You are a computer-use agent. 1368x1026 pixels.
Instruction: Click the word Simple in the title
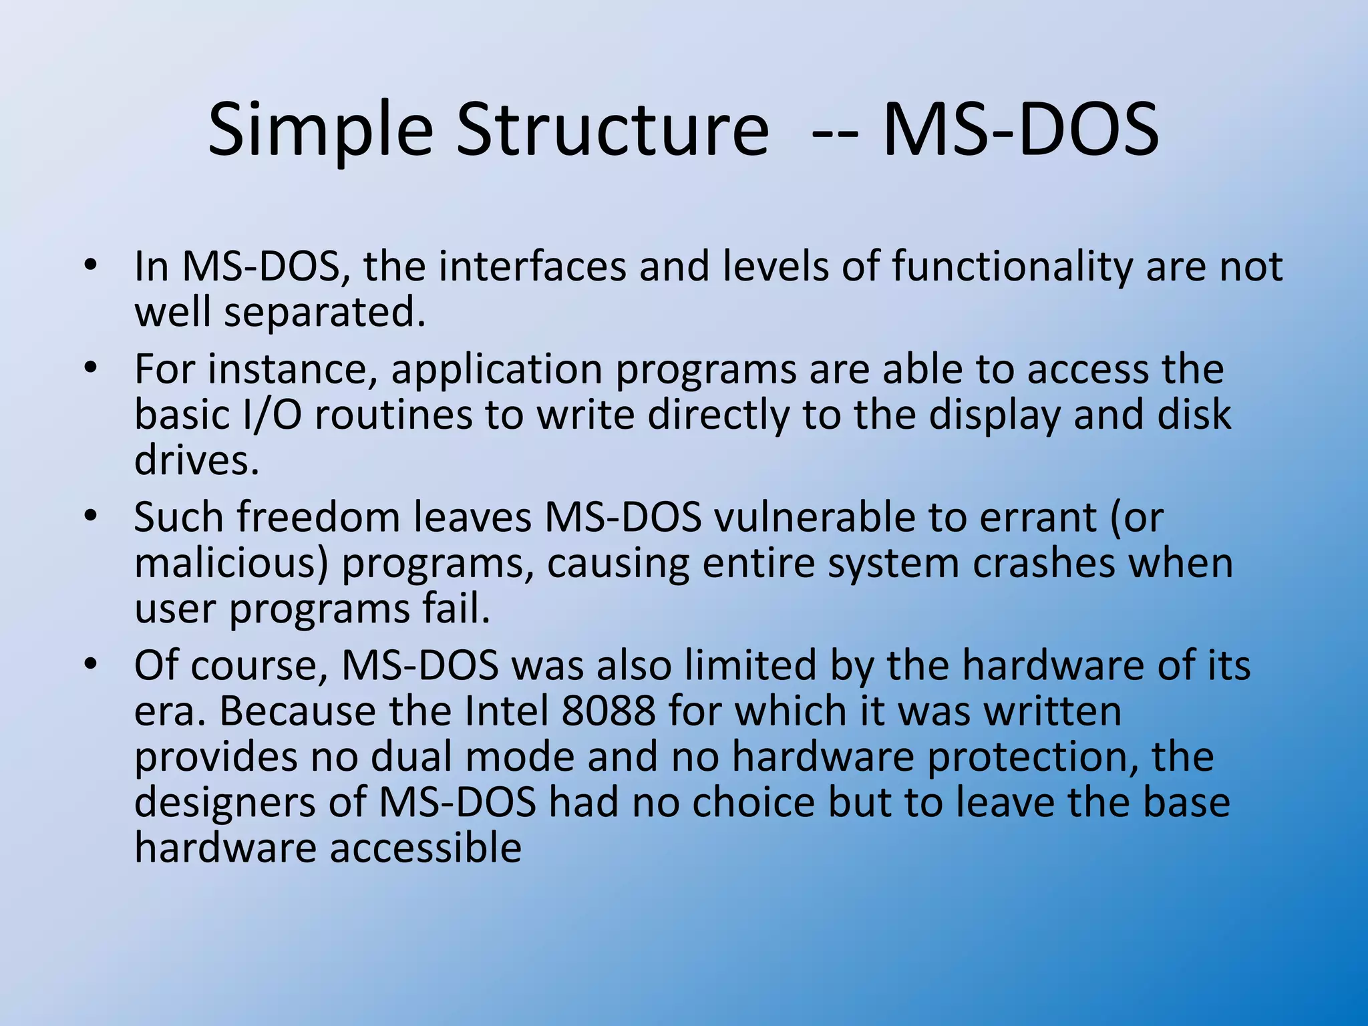pos(321,130)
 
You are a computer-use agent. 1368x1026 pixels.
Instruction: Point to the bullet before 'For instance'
pos(91,369)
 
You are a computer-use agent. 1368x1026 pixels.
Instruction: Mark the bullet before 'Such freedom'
pos(91,517)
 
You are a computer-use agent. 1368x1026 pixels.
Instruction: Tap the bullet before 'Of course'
pos(91,665)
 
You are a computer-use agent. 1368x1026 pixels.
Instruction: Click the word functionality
pos(1012,267)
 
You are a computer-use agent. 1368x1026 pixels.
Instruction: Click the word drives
pos(196,460)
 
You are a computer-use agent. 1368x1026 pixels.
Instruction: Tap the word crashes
pos(1043,563)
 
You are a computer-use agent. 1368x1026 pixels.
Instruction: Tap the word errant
pos(1038,518)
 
